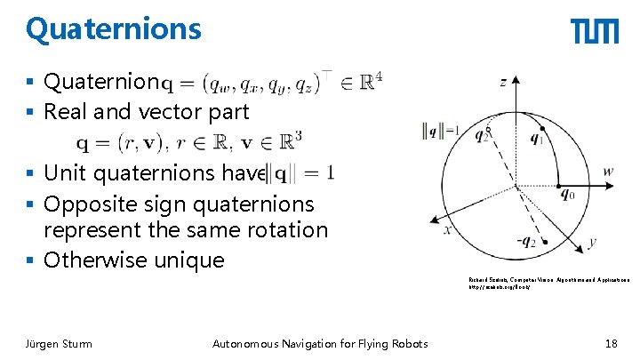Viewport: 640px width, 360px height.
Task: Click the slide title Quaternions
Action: [x=114, y=29]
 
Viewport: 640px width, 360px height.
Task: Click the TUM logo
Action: [x=595, y=32]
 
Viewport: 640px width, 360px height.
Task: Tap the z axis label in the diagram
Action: [x=503, y=81]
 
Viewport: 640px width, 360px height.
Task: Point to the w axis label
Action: [x=608, y=171]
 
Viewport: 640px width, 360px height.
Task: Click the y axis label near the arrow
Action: [x=592, y=242]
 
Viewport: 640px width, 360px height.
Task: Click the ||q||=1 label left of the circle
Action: [x=441, y=132]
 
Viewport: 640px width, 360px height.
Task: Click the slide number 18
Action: [x=610, y=344]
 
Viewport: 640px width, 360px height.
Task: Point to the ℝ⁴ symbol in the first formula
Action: [x=372, y=82]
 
